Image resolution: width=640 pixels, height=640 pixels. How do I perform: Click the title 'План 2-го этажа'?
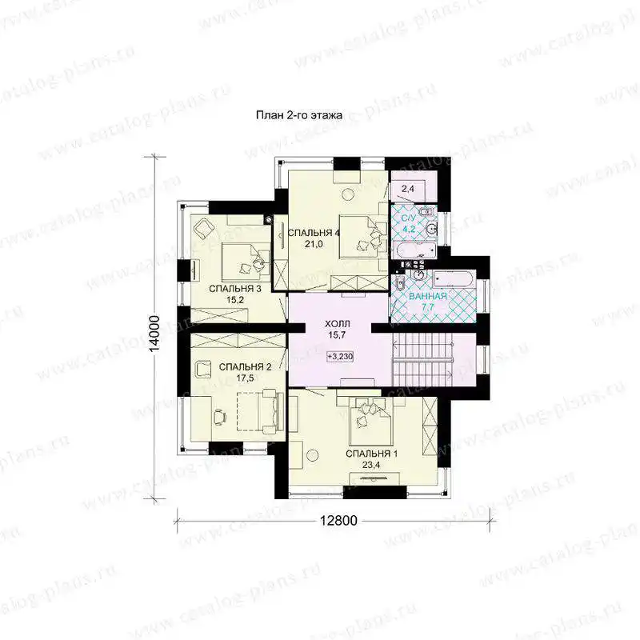pyautogui.click(x=299, y=115)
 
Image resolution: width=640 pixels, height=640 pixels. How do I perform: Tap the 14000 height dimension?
pyautogui.click(x=154, y=335)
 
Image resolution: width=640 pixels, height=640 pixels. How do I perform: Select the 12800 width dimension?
pyautogui.click(x=338, y=521)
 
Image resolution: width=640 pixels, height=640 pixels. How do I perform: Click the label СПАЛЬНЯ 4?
pyautogui.click(x=314, y=233)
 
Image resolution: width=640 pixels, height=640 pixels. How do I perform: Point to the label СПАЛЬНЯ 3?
pyautogui.click(x=235, y=289)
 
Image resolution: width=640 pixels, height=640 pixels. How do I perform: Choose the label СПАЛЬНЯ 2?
pyautogui.click(x=245, y=367)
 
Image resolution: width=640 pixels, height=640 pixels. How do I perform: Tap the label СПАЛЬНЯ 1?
pyautogui.click(x=371, y=454)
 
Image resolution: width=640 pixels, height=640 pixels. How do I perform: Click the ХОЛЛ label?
pyautogui.click(x=338, y=324)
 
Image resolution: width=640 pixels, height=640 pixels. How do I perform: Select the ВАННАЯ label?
pyautogui.click(x=428, y=296)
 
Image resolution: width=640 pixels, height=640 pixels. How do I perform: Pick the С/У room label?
pyautogui.click(x=409, y=218)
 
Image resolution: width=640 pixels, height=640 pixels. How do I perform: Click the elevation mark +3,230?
pyautogui.click(x=340, y=356)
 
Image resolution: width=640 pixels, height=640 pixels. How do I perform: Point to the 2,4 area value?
pyautogui.click(x=408, y=189)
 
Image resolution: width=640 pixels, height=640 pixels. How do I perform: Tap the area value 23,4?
pyautogui.click(x=371, y=465)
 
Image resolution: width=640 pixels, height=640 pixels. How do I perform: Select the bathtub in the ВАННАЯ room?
pyautogui.click(x=454, y=280)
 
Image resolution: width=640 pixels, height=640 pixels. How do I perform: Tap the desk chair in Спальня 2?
pyautogui.click(x=219, y=416)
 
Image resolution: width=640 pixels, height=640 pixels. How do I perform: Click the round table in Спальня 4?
pyautogui.click(x=349, y=194)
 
